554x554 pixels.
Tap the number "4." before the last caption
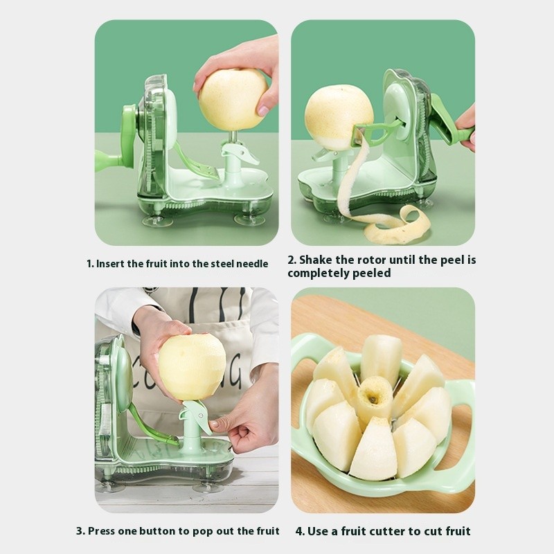[x=300, y=531]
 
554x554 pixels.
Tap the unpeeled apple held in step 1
[x=232, y=98]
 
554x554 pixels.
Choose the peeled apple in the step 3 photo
[x=192, y=366]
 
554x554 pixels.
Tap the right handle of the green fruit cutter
[x=463, y=429]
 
